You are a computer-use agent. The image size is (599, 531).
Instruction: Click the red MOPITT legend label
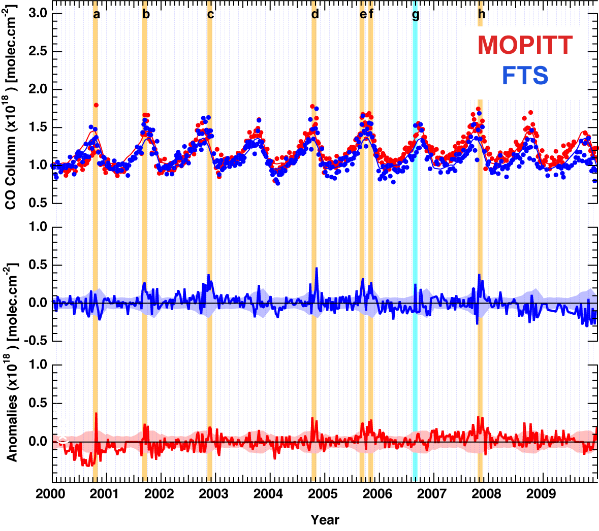click(525, 45)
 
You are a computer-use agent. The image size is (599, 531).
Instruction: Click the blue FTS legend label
click(525, 76)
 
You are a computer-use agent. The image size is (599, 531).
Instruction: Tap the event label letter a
click(97, 14)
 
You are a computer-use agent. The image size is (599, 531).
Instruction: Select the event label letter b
click(146, 14)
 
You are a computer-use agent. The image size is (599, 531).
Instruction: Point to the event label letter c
click(210, 14)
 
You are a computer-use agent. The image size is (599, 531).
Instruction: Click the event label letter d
click(315, 14)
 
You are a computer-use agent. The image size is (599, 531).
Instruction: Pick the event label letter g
click(416, 15)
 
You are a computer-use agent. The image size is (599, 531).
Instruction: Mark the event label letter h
click(481, 14)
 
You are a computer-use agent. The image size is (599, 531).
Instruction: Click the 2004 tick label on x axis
click(268, 493)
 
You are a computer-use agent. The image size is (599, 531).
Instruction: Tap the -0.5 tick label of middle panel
click(35, 341)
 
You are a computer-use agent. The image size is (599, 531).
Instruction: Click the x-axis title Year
click(325, 520)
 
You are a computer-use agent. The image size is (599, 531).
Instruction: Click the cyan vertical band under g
click(415, 254)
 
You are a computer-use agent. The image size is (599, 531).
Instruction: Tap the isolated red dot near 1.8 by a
click(96, 105)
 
